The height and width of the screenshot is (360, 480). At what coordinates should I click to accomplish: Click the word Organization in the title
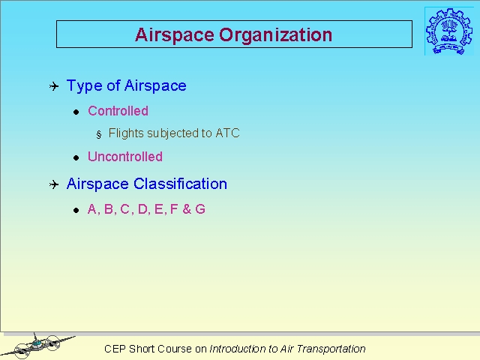[275, 35]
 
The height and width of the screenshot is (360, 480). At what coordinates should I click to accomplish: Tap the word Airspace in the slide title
[175, 35]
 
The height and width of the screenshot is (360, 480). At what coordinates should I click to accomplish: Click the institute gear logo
[448, 31]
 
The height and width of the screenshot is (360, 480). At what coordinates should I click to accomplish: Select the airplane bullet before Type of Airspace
[54, 86]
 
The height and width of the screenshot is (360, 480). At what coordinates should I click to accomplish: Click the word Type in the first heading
[84, 86]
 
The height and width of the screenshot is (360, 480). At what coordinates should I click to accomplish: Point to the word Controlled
[118, 111]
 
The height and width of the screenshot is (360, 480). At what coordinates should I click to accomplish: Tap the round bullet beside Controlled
[76, 112]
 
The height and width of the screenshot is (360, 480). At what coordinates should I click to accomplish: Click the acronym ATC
[227, 133]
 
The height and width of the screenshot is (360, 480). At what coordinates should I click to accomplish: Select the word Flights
[126, 133]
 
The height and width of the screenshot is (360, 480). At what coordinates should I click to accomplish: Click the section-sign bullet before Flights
[98, 134]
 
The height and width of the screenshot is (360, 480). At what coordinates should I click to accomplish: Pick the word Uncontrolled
[125, 157]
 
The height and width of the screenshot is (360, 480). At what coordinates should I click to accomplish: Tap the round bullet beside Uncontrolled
[76, 157]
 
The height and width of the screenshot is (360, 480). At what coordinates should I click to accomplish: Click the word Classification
[180, 184]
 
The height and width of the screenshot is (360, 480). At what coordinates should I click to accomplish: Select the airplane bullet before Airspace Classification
[54, 184]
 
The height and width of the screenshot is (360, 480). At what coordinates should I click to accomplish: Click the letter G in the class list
[200, 209]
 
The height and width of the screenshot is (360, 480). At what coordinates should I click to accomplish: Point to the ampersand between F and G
[187, 209]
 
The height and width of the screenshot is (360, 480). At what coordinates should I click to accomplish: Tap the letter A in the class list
[92, 209]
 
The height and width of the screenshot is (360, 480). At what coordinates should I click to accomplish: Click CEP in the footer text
[115, 349]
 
